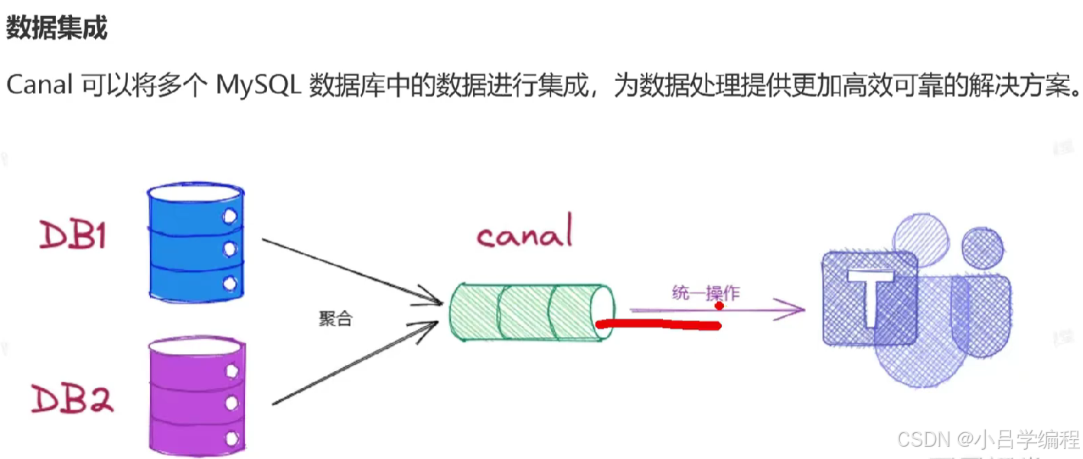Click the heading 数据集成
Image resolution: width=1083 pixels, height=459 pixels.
tap(56, 28)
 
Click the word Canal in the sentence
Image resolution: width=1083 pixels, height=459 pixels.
tap(39, 86)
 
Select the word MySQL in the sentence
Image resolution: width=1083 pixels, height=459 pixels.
tap(257, 86)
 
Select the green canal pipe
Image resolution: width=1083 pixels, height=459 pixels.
tap(532, 312)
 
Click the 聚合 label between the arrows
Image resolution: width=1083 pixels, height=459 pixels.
tap(335, 319)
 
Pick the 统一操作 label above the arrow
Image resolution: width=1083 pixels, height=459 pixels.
tap(706, 293)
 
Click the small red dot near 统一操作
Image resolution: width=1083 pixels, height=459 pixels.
tap(719, 306)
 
